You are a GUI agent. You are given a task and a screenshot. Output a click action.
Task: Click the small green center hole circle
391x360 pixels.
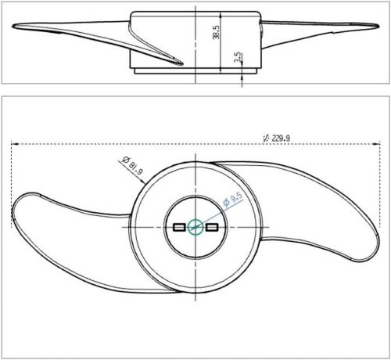[194, 227]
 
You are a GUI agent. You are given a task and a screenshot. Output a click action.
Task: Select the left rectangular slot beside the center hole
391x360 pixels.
[178, 227]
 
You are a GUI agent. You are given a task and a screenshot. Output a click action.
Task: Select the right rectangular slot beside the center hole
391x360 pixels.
[210, 227]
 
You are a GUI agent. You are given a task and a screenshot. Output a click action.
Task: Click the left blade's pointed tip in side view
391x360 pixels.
[13, 27]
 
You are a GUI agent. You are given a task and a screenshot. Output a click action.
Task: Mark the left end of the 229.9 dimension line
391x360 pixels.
[13, 143]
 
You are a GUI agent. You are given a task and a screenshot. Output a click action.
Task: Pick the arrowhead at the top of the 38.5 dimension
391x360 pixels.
[223, 13]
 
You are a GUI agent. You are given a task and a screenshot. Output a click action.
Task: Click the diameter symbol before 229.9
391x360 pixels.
[267, 138]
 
